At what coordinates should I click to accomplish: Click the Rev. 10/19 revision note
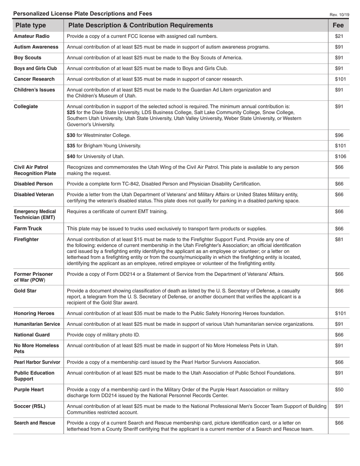point(339,15)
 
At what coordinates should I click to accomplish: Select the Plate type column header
point(30,25)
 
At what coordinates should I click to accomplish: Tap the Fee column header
point(338,25)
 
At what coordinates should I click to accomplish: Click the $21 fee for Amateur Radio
point(339,36)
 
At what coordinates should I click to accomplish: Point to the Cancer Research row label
point(34,79)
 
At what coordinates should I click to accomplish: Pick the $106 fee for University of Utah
point(340,156)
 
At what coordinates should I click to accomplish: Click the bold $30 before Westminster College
point(71,135)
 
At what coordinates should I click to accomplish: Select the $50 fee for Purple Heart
point(339,389)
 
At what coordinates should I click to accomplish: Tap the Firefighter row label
point(26,239)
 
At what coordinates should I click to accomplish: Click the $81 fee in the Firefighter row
point(339,239)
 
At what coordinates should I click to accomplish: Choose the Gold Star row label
point(25,291)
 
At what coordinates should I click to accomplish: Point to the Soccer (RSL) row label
point(30,406)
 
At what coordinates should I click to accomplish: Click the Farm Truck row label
point(28,229)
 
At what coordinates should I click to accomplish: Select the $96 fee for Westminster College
point(339,135)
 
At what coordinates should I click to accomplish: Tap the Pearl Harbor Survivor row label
point(37,362)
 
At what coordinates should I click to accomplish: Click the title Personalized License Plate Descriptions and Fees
point(83,14)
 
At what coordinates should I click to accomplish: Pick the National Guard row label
point(32,335)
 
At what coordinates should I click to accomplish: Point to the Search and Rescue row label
point(34,423)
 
